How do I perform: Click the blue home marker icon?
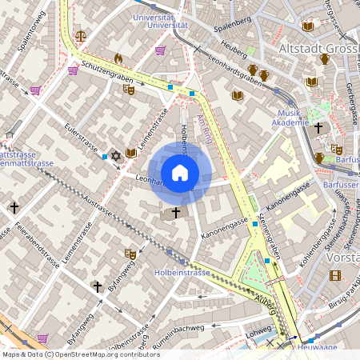tap(180, 172)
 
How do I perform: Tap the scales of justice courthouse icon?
tap(80, 36)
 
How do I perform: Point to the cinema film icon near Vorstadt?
tap(334, 275)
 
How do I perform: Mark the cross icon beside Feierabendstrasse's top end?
tap(14, 207)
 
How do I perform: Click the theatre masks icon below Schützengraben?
tap(129, 89)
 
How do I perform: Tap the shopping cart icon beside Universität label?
tap(160, 50)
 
